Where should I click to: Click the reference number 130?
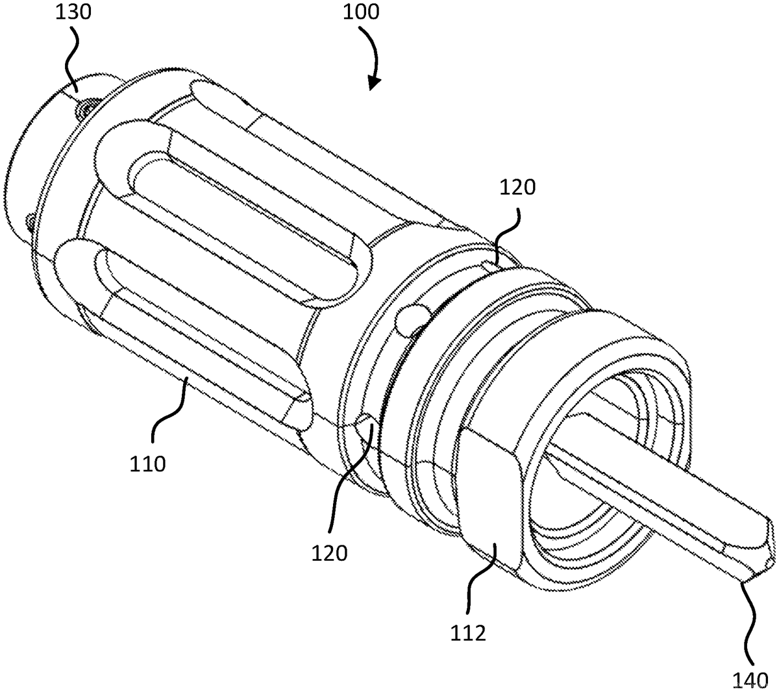[x=73, y=12]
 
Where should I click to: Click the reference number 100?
[x=361, y=12]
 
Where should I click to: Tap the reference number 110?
[x=147, y=464]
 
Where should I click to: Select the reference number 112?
[x=468, y=633]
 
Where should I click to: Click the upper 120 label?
[x=517, y=188]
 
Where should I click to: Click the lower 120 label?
[x=329, y=553]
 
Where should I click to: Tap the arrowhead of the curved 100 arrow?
[x=374, y=82]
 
